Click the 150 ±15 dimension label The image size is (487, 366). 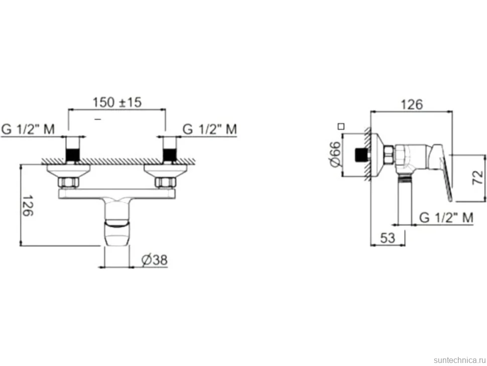click(x=117, y=102)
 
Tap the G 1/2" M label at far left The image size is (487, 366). click(x=28, y=129)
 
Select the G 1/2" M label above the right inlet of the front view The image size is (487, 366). click(x=210, y=129)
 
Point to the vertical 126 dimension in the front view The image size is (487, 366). click(x=28, y=206)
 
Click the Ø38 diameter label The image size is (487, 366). click(x=154, y=260)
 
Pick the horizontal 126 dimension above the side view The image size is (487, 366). click(x=412, y=105)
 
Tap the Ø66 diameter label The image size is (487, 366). click(x=335, y=154)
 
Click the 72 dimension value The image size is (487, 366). click(x=477, y=177)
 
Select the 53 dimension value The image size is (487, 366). click(x=388, y=238)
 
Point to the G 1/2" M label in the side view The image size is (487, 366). click(x=446, y=218)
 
